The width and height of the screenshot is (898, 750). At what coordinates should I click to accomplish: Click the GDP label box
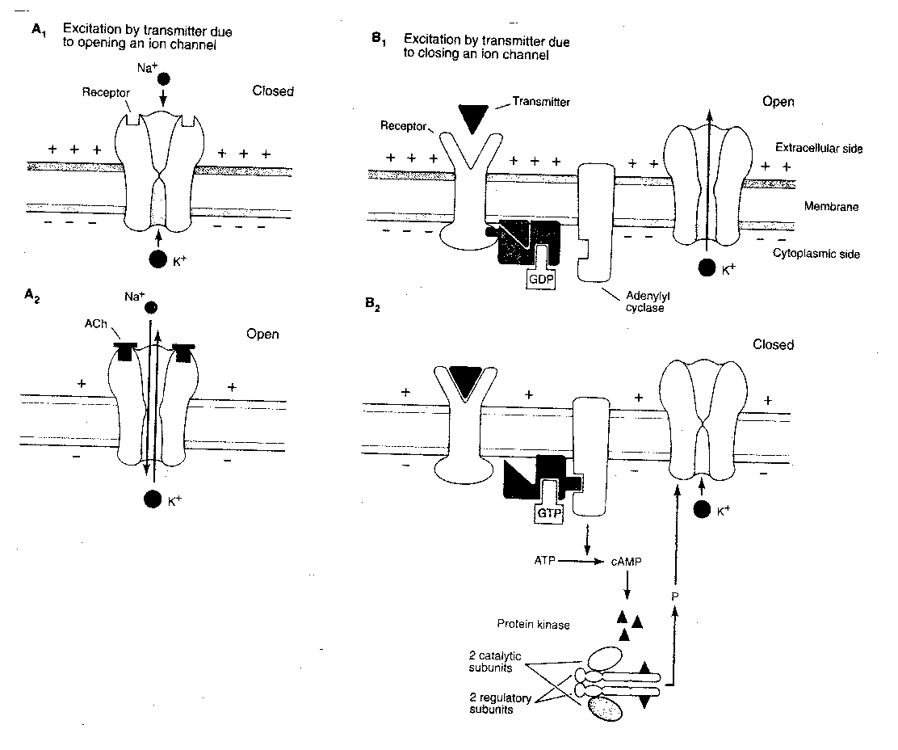click(x=539, y=279)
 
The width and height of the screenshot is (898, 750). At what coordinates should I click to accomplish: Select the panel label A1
click(x=38, y=30)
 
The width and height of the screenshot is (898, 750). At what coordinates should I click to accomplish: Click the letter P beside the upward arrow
click(x=675, y=595)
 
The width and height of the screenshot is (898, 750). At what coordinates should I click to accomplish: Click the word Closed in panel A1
click(x=273, y=91)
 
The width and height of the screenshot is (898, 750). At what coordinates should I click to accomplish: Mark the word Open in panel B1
click(x=778, y=102)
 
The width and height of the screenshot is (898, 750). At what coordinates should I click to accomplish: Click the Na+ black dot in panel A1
click(x=164, y=79)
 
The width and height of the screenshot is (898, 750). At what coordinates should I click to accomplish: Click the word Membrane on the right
click(x=830, y=207)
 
